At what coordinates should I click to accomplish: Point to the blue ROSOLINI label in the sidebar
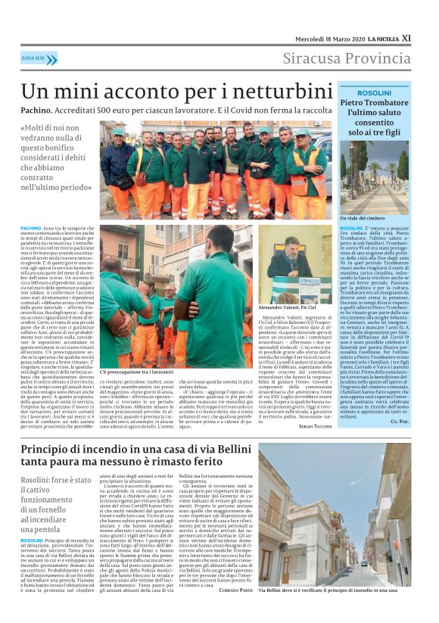tap(374, 92)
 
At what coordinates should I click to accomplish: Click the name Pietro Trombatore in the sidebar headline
tap(375, 102)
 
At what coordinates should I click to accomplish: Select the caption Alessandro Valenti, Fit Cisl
tap(294, 308)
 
